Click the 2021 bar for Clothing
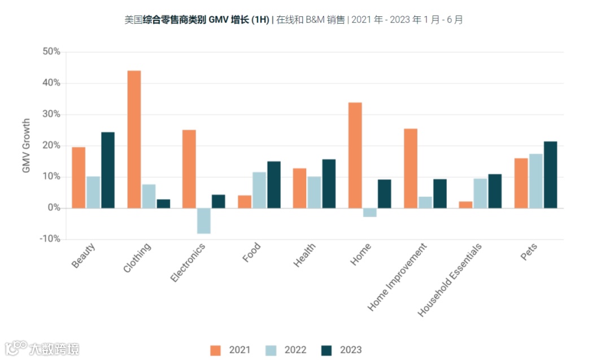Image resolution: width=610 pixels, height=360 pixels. point(134,139)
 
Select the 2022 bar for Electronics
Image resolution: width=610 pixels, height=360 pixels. point(204,220)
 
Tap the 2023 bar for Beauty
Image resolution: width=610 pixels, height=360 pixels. point(108,170)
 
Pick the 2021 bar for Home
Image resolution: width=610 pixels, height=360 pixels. point(355,155)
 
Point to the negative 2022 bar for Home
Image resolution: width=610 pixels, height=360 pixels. point(370,212)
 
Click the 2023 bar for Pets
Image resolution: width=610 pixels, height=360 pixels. point(550,175)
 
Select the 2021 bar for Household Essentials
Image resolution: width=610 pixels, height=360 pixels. point(465,205)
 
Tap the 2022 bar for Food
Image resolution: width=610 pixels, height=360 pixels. point(259,190)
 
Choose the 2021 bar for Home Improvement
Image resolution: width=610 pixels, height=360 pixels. point(411,168)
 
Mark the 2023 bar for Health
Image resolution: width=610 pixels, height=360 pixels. point(328,184)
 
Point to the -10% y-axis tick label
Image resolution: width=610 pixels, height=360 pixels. point(50,239)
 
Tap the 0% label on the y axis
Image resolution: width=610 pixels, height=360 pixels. point(53,208)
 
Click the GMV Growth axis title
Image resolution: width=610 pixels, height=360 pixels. point(26,146)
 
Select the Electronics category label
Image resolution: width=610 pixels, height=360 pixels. point(189,263)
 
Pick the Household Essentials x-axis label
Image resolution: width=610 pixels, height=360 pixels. point(450,280)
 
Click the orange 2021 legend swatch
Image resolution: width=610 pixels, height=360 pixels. point(216,350)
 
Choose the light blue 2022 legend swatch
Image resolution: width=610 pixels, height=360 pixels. point(271,350)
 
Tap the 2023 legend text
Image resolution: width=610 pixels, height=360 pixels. point(351,350)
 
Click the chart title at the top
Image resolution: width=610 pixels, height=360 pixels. point(293,20)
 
